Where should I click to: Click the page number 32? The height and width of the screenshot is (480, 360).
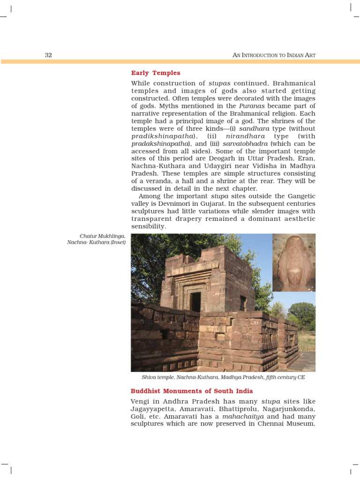click(x=48, y=55)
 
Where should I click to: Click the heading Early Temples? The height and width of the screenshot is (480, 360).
click(x=156, y=73)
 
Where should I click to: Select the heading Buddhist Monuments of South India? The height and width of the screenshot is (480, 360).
click(x=192, y=391)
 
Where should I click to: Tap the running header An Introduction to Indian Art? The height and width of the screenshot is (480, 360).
click(x=274, y=55)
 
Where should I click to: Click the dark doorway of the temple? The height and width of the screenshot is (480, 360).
click(x=195, y=302)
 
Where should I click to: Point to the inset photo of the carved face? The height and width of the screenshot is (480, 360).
click(x=294, y=262)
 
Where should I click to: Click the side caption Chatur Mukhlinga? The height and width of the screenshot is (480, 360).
click(x=103, y=236)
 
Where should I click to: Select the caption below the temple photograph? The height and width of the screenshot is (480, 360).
click(x=223, y=377)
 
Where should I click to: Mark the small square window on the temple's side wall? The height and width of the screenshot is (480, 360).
click(x=243, y=303)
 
